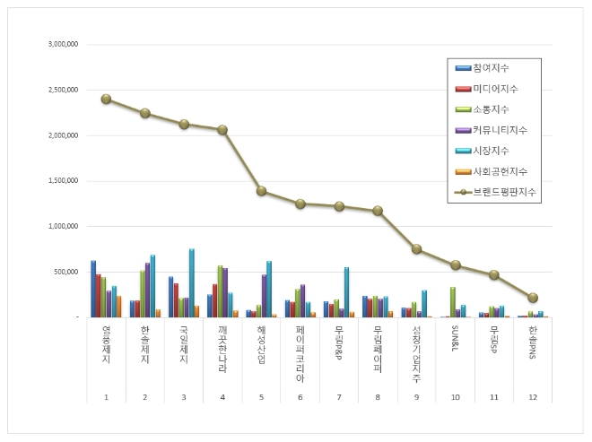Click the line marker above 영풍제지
pyautogui.click(x=106, y=99)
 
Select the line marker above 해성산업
pyautogui.click(x=261, y=191)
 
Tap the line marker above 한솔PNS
pyautogui.click(x=533, y=298)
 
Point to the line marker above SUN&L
pyautogui.click(x=456, y=265)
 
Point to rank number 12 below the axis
pyautogui.click(x=533, y=396)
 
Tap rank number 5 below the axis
pyautogui.click(x=261, y=396)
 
